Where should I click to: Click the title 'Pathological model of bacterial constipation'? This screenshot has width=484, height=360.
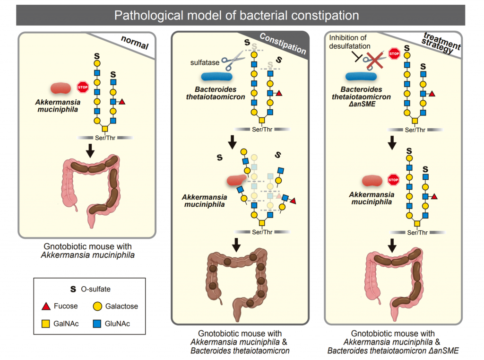(236, 15)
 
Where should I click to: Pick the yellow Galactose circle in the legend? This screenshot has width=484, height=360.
(96, 306)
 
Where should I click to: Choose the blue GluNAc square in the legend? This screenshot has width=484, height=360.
(96, 324)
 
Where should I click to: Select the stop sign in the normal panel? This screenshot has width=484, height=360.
(83, 87)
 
